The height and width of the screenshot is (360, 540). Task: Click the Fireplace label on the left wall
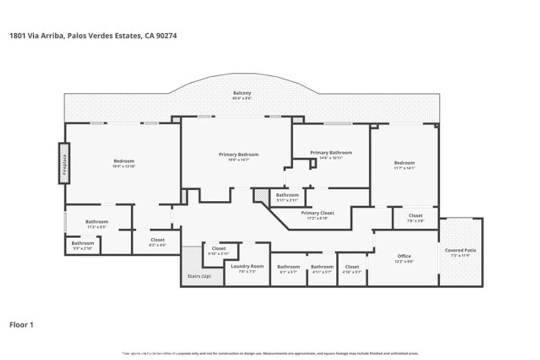click(64, 163)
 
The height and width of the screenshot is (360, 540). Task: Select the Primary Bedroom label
click(238, 154)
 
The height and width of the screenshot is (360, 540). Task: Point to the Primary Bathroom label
click(331, 153)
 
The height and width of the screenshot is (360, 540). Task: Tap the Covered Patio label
click(460, 250)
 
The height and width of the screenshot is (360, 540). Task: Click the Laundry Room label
click(247, 266)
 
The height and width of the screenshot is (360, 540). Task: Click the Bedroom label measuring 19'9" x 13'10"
click(124, 161)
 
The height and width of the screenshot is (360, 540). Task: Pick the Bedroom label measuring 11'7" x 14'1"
click(404, 163)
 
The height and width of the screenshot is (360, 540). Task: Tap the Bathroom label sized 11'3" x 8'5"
click(97, 222)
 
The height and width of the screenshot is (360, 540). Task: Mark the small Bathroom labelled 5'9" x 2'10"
click(83, 244)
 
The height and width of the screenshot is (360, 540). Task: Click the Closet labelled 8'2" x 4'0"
click(157, 240)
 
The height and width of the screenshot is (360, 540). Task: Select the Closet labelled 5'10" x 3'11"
click(218, 248)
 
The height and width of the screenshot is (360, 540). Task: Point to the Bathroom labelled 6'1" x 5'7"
click(288, 267)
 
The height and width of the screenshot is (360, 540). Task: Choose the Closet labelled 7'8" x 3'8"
click(416, 216)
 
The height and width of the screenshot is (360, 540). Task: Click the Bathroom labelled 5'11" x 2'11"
click(287, 195)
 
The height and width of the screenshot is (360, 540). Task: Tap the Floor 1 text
click(22, 325)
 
